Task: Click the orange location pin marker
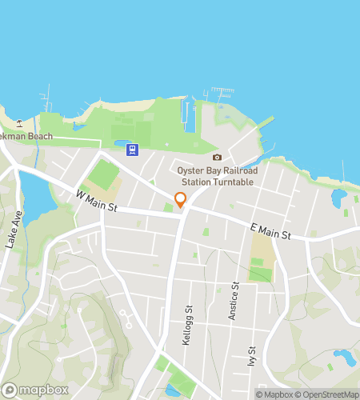point(180,200)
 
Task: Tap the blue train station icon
point(132,150)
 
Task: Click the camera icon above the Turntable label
point(217,158)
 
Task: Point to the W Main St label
point(97,202)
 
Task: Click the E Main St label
point(268,232)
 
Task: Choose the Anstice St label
point(235,300)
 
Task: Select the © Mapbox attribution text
point(272,394)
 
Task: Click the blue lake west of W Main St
point(34,191)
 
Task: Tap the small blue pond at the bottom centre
point(172,390)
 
